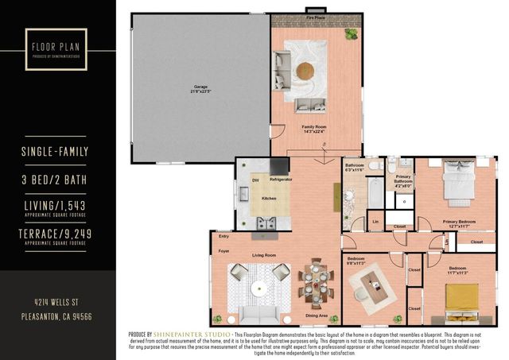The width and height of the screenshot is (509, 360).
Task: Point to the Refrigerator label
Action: tap(280, 180)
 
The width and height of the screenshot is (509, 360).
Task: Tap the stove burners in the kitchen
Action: tap(265, 223)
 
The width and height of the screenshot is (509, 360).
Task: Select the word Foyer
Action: tap(223, 251)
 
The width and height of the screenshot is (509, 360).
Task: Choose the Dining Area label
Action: tap(318, 315)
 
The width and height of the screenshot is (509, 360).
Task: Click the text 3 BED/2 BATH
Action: tap(57, 180)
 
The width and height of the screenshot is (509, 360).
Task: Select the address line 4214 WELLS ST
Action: tap(57, 303)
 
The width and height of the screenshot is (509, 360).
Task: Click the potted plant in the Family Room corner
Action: tap(351, 34)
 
